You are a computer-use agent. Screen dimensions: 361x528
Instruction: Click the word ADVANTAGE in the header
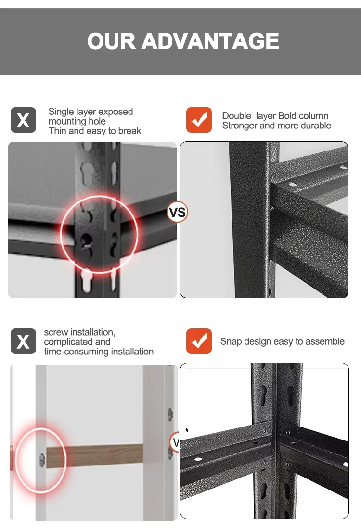[210, 41]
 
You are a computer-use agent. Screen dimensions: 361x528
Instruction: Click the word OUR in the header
[111, 41]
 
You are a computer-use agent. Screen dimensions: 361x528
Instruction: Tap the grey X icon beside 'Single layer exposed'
[23, 120]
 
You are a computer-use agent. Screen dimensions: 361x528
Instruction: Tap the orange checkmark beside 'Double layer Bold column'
[199, 120]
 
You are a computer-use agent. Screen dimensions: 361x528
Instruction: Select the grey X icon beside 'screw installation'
[23, 341]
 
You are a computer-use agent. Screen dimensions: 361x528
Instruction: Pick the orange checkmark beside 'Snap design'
[199, 341]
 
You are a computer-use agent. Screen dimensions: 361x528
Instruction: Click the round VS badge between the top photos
[177, 212]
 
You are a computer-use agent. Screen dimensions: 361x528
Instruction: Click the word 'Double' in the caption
[237, 116]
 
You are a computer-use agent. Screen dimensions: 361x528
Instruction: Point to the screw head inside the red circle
[42, 460]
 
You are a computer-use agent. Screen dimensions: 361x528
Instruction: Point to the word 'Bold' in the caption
[287, 116]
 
